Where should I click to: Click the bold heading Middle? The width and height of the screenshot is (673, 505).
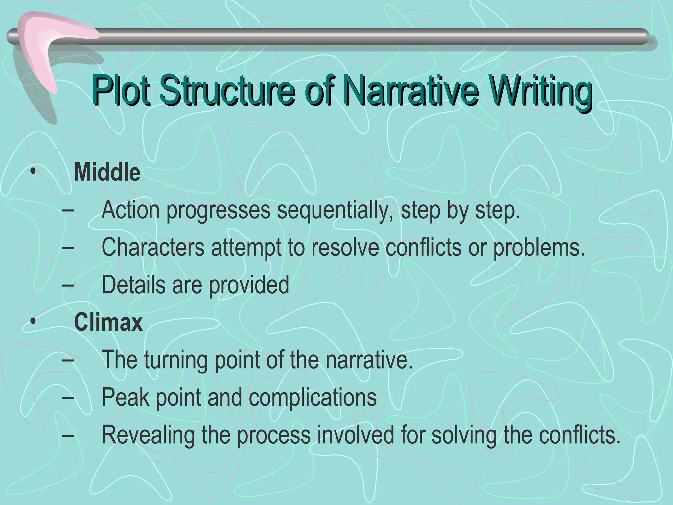click(107, 172)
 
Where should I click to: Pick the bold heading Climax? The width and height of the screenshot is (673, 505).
click(108, 322)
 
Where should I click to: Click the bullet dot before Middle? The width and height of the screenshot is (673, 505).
click(33, 172)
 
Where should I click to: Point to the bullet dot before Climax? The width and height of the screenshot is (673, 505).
click(33, 322)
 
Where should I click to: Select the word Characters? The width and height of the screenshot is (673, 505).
click(153, 247)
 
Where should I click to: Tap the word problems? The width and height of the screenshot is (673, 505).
click(539, 248)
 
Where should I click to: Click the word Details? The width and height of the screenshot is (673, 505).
click(133, 285)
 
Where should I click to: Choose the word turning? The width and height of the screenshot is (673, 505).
click(176, 360)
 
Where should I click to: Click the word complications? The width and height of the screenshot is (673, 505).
click(313, 398)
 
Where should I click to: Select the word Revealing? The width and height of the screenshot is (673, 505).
click(148, 435)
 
